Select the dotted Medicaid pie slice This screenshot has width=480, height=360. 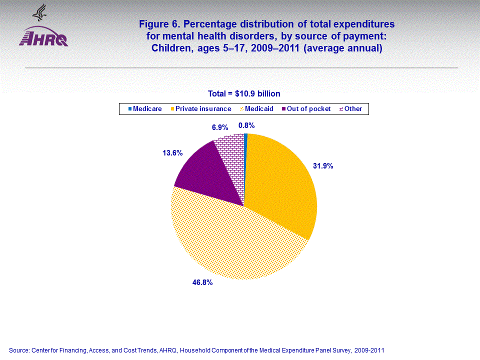(235, 240)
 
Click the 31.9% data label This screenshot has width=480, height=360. (323, 165)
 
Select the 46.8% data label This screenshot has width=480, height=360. (202, 282)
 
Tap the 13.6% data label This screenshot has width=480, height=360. (172, 153)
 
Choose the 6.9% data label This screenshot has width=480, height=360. (220, 127)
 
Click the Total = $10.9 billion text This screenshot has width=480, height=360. (244, 93)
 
